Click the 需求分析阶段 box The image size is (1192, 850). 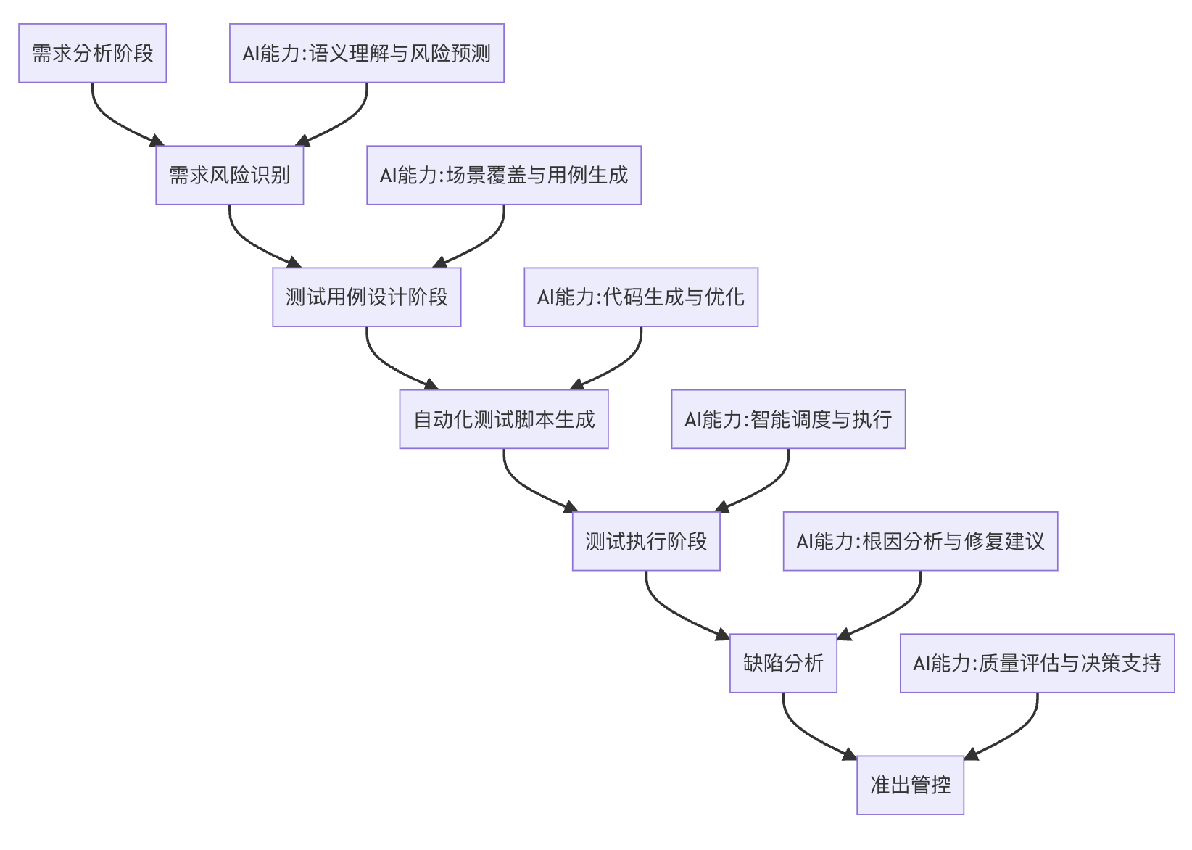[x=92, y=53]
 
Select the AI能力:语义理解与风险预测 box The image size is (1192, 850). [x=366, y=53]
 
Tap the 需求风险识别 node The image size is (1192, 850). [x=229, y=175]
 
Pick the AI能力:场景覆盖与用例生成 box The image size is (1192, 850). [x=504, y=175]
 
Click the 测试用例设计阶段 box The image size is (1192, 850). [x=366, y=297]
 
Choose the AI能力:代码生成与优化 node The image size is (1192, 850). [x=641, y=297]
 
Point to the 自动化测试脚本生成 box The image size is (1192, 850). [x=504, y=419]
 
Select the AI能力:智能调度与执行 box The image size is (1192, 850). [x=788, y=419]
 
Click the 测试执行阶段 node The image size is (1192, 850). [x=646, y=541]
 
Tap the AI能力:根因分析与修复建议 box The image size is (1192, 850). [x=920, y=541]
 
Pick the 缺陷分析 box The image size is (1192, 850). [x=783, y=663]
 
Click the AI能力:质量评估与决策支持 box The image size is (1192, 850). [x=1037, y=663]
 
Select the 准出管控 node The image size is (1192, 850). [x=910, y=785]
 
